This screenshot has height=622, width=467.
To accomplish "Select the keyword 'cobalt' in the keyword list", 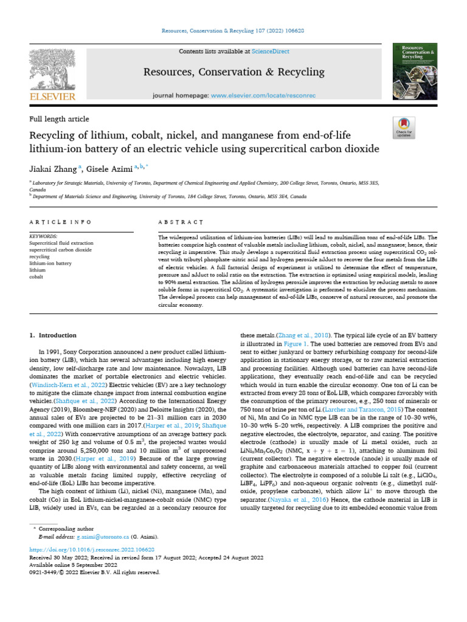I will [38, 276].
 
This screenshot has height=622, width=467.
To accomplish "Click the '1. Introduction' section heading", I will [53, 335].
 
